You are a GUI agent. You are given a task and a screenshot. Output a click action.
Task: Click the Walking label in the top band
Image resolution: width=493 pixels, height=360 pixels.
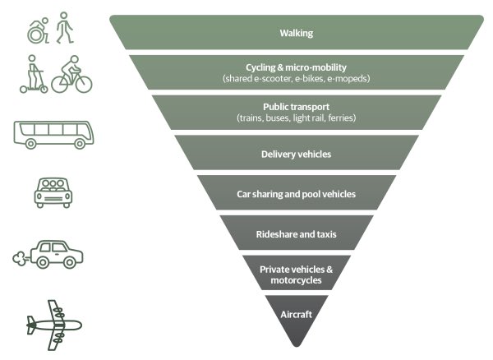[296, 34]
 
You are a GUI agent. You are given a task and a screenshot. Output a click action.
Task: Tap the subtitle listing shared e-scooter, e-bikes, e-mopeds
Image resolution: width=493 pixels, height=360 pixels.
[296, 78]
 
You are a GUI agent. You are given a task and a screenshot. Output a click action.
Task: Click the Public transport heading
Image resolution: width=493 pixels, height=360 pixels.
[296, 107]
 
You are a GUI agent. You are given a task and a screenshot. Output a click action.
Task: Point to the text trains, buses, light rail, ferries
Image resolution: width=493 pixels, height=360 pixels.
[296, 118]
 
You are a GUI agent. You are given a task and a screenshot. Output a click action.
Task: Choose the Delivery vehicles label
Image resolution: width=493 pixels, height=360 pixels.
[296, 154]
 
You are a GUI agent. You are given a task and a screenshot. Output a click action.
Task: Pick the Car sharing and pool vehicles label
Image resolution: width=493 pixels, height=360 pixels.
[296, 194]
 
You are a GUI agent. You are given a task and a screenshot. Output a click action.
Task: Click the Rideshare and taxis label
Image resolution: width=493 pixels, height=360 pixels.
[296, 234]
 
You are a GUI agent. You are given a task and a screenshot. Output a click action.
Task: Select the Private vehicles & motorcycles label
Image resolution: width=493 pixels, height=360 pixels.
[296, 275]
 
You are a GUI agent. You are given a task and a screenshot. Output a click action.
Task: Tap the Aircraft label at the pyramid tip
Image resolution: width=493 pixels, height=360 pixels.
[296, 314]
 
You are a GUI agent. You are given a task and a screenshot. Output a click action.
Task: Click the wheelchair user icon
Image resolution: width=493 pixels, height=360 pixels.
[38, 31]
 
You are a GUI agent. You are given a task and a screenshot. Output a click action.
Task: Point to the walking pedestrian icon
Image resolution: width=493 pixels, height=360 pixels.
[64, 30]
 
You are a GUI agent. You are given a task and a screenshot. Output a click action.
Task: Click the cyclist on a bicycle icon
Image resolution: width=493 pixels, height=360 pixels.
[72, 75]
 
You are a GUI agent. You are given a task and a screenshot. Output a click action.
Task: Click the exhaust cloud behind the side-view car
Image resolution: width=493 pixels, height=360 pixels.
[22, 259]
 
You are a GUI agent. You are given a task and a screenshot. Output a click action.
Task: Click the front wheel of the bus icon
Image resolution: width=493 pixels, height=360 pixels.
[31, 144]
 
